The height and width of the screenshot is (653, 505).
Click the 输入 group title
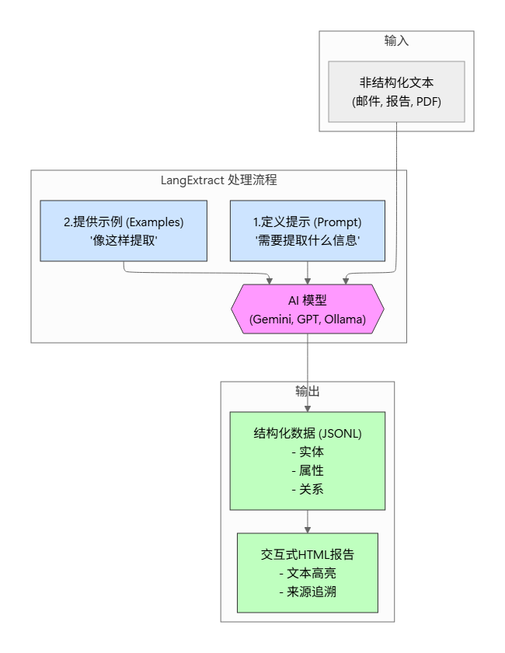click(396, 40)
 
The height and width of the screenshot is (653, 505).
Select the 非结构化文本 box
click(396, 91)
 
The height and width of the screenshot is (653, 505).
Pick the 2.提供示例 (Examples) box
click(124, 230)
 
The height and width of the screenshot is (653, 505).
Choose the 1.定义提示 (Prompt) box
click(307, 230)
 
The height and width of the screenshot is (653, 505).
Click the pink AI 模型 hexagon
click(308, 309)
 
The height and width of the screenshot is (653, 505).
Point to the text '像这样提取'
click(124, 240)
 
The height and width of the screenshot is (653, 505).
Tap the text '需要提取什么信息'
click(307, 240)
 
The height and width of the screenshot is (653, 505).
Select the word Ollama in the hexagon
click(343, 319)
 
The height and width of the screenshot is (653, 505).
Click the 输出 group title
click(307, 391)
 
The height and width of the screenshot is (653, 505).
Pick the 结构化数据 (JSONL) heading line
click(308, 433)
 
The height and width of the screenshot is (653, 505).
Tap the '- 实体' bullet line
click(308, 452)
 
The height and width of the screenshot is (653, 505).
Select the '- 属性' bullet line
click(308, 470)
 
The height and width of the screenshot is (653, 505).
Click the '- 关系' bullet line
click(308, 489)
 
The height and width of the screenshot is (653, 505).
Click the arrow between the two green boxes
click(308, 522)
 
